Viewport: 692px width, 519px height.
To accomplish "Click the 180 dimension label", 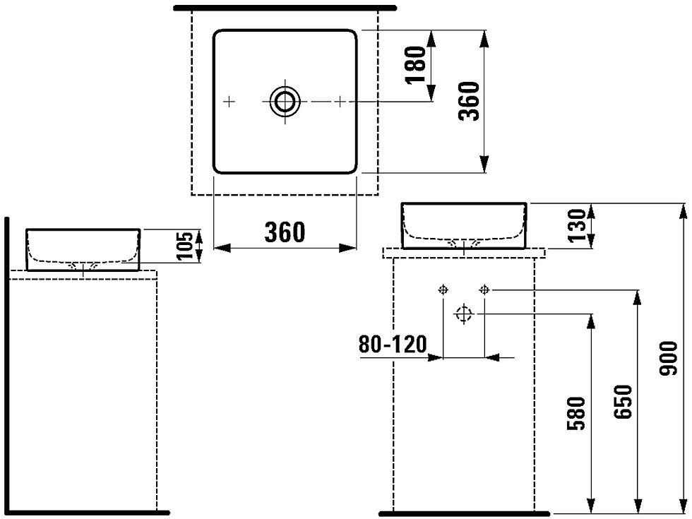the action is pyautogui.click(x=416, y=65).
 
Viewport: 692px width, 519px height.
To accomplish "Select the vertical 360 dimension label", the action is pyautogui.click(x=469, y=101).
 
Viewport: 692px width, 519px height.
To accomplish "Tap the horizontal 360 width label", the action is pyautogui.click(x=285, y=232).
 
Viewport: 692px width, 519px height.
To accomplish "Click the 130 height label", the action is pyautogui.click(x=578, y=225).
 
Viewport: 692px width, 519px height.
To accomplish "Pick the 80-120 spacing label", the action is pyautogui.click(x=393, y=345).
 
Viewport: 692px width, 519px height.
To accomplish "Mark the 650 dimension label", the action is pyautogui.click(x=623, y=401).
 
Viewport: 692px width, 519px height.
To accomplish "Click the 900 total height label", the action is pyautogui.click(x=668, y=359).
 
